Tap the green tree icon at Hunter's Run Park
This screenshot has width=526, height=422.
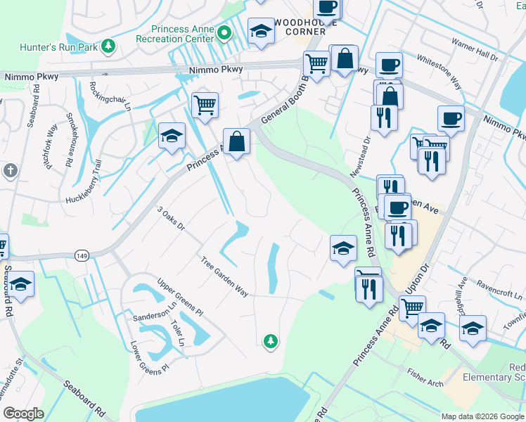click(x=108, y=46)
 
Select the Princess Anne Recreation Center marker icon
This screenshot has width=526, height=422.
click(x=224, y=32)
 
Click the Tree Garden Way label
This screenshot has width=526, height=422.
click(x=224, y=277)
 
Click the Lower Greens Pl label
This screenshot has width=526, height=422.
click(x=150, y=357)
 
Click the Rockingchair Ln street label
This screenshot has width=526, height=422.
click(x=110, y=97)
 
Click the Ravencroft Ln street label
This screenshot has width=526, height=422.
click(x=499, y=292)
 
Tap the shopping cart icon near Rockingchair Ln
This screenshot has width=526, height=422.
click(x=205, y=105)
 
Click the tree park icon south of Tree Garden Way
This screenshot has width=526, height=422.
click(x=270, y=341)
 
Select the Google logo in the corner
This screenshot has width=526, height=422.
click(x=23, y=414)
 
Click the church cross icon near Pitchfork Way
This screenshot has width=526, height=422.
click(x=11, y=170)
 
